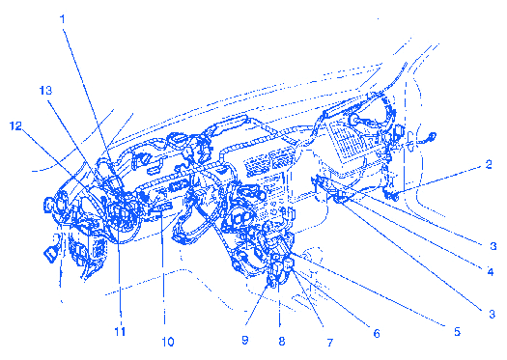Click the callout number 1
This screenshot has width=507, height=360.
63,19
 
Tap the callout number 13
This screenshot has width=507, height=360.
45,91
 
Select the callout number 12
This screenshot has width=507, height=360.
15,125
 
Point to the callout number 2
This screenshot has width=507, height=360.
489,164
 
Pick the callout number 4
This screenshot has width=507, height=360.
491,272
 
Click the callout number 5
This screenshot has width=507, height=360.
457,331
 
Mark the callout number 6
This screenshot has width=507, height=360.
377,333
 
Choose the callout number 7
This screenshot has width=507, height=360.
330,342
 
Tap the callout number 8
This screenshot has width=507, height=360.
282,341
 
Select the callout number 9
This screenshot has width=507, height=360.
244,340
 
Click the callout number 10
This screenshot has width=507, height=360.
168,342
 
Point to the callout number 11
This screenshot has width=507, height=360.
120,331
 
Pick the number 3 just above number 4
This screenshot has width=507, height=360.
493,246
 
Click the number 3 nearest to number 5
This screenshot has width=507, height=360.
492,314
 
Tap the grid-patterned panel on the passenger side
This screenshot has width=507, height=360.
347,141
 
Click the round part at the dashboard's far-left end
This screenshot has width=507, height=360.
49,206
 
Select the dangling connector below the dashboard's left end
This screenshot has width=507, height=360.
50,255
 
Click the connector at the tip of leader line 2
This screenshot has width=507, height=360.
392,196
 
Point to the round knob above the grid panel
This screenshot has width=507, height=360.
354,121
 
